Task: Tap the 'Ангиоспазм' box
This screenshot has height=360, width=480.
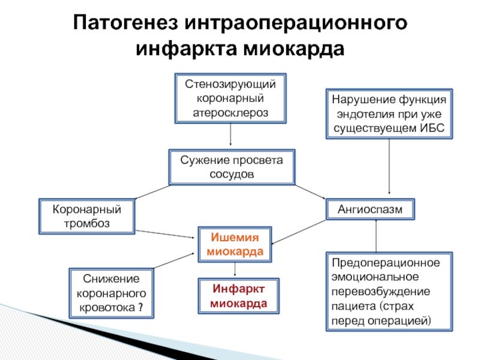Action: (370, 209)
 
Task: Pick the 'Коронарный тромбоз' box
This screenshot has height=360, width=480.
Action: (87, 217)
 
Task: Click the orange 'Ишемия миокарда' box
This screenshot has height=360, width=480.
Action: (235, 244)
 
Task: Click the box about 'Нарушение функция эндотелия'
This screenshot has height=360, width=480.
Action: (389, 113)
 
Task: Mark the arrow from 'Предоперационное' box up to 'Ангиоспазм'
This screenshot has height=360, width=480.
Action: (376, 236)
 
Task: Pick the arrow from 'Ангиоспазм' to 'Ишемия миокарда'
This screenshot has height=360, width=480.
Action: (300, 232)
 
